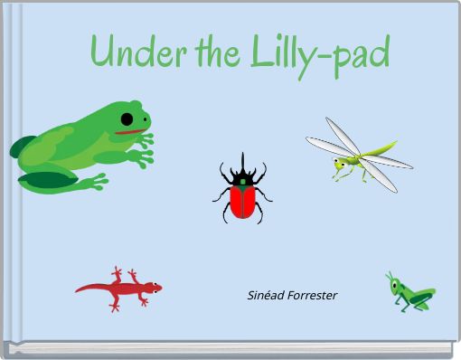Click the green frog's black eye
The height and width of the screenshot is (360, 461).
coord(128,118)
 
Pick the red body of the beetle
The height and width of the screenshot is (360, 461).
coord(241,201)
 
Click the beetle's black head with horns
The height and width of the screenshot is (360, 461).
coord(242,172)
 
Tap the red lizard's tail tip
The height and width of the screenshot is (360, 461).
coord(78,289)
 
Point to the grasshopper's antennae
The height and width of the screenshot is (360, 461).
coord(390,275)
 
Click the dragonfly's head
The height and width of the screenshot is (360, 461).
coord(340,164)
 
